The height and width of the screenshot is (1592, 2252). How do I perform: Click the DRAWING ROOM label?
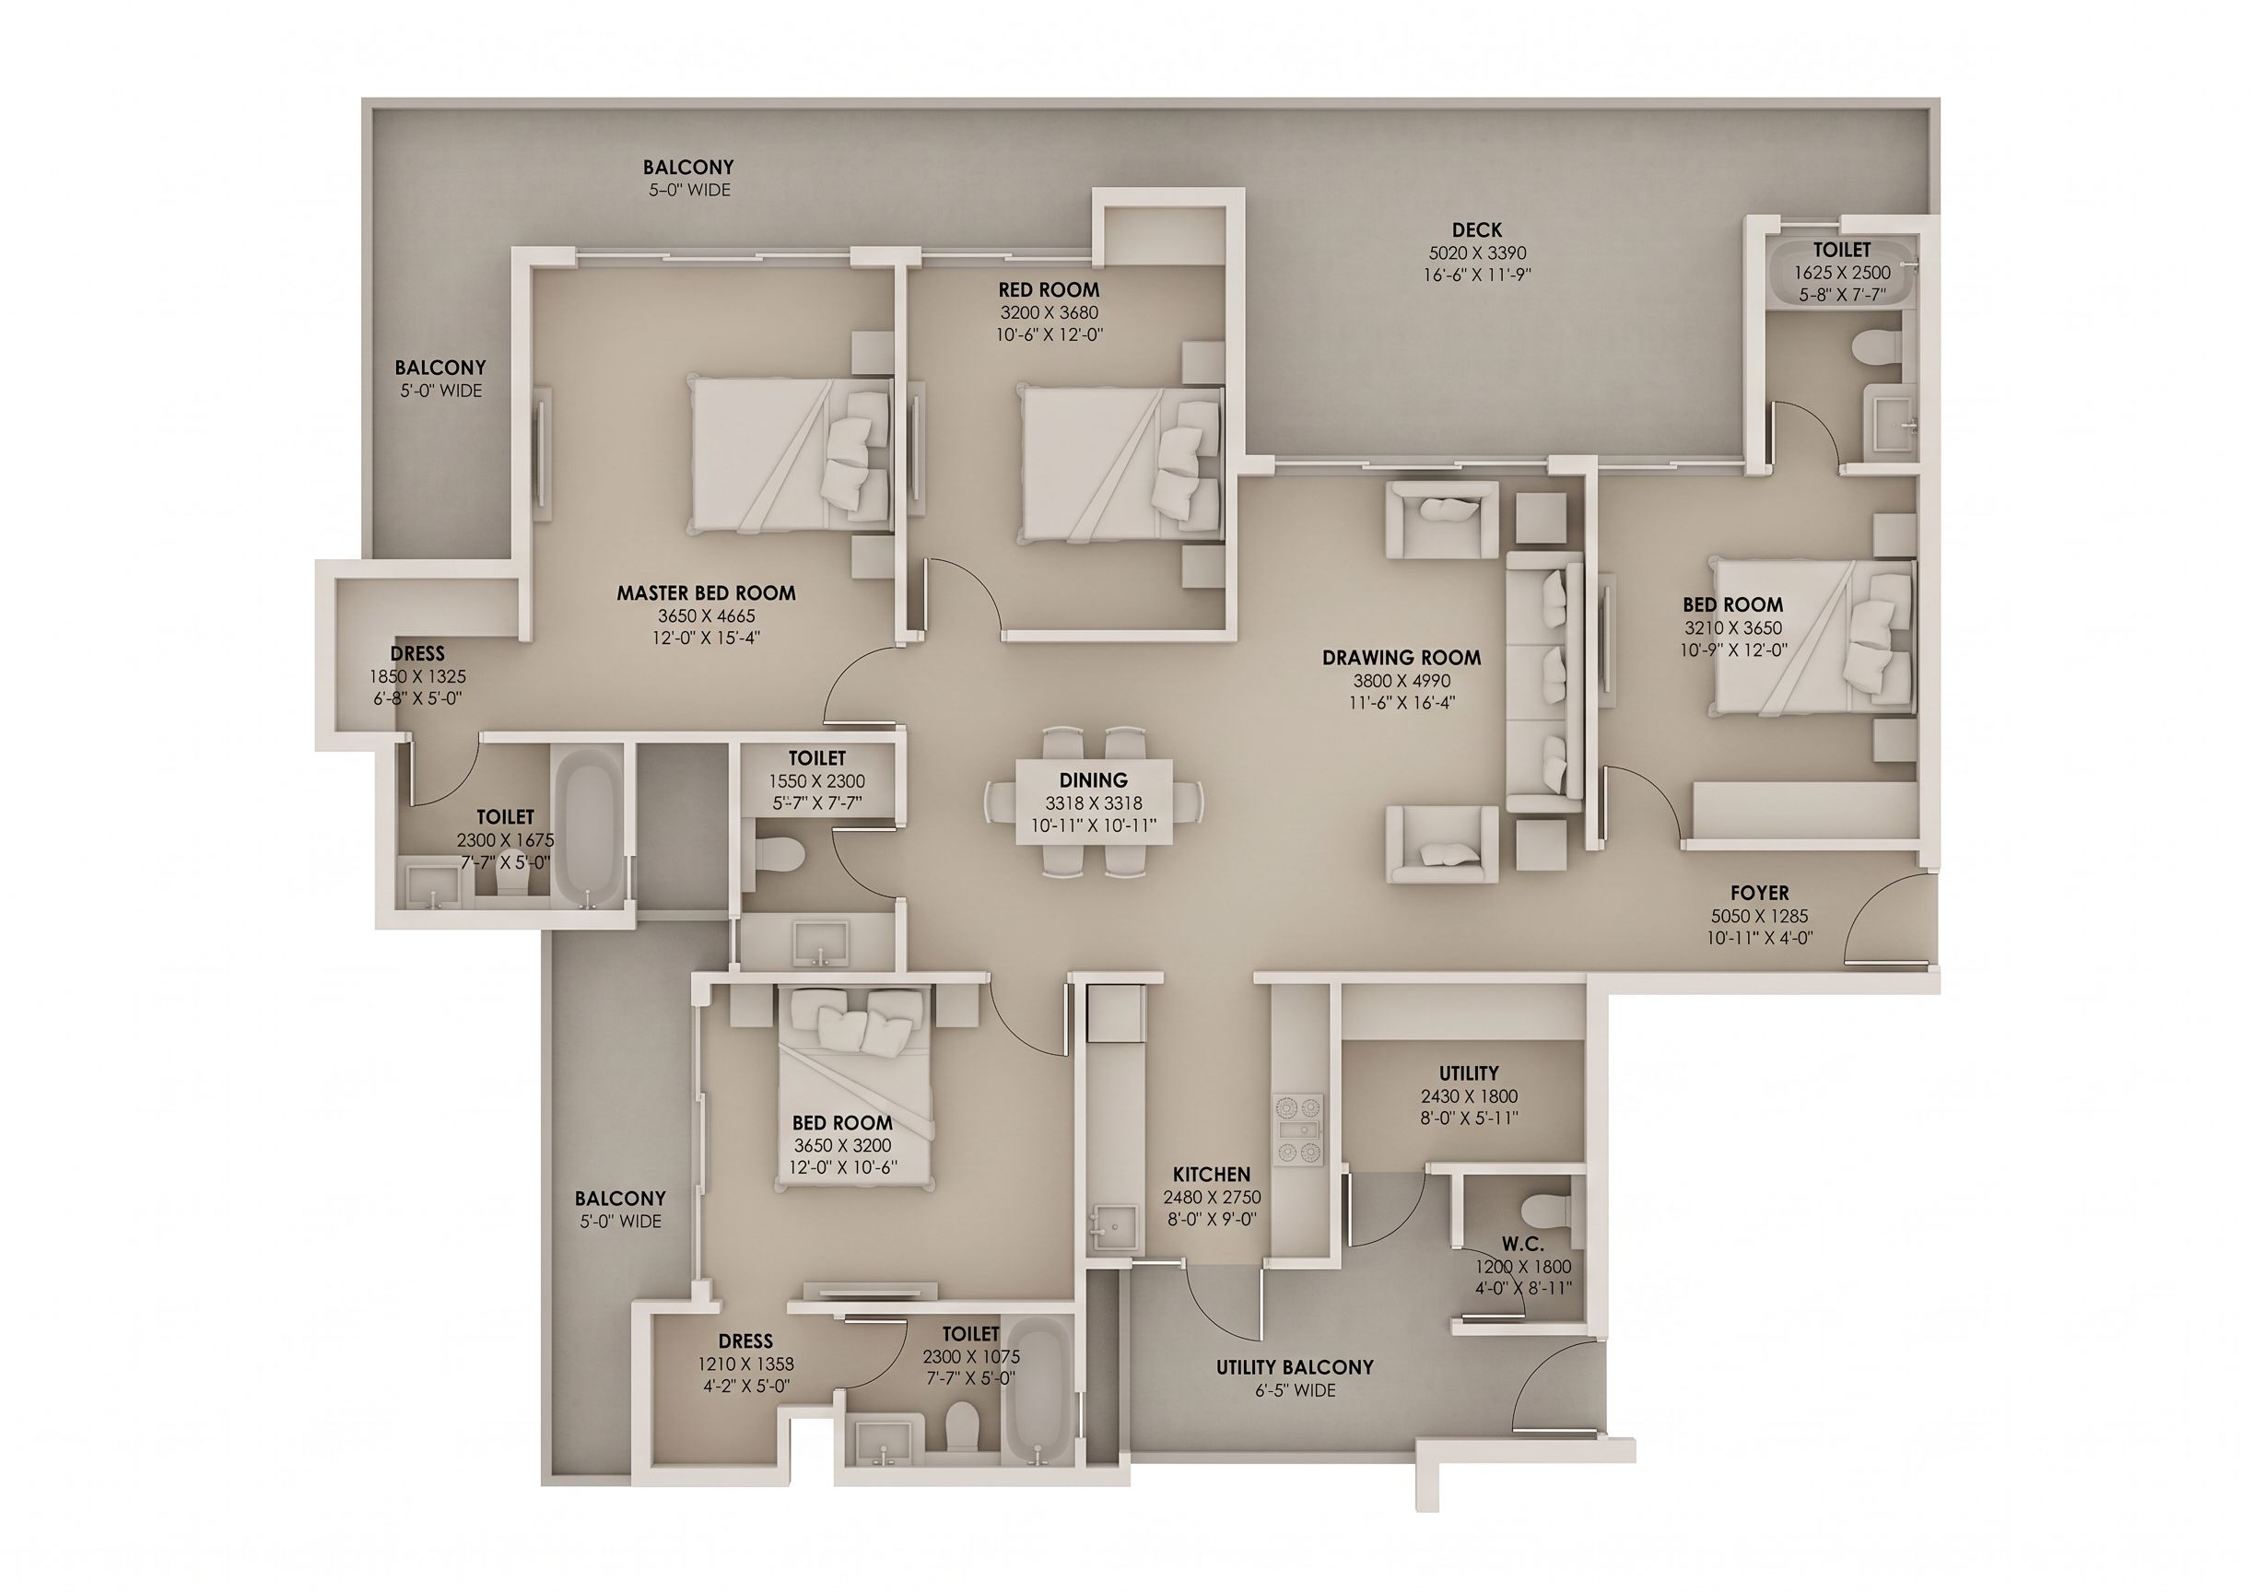pos(1402,657)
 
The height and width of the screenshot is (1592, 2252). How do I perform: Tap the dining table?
pos(1094,803)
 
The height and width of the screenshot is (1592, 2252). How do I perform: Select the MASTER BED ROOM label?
pos(706,593)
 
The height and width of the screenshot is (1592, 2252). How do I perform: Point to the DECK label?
pos(1477,229)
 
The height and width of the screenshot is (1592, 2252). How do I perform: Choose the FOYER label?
pos(1760,894)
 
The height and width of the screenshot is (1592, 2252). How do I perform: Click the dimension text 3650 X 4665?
pos(706,616)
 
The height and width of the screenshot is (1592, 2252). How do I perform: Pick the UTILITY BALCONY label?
pos(1295,1367)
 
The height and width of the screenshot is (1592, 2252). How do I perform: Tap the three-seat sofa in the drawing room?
pos(1546,682)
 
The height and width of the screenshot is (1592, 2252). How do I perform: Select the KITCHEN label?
pos(1213,1174)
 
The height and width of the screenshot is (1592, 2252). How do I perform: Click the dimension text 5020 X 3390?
pos(1477,253)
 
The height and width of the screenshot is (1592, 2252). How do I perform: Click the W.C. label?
pos(1522,1244)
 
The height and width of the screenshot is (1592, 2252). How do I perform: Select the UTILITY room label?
pos(1468,1073)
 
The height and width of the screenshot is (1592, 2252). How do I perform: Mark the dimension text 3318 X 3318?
pos(1094,803)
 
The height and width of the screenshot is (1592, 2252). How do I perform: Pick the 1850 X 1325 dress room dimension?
pos(416,677)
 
